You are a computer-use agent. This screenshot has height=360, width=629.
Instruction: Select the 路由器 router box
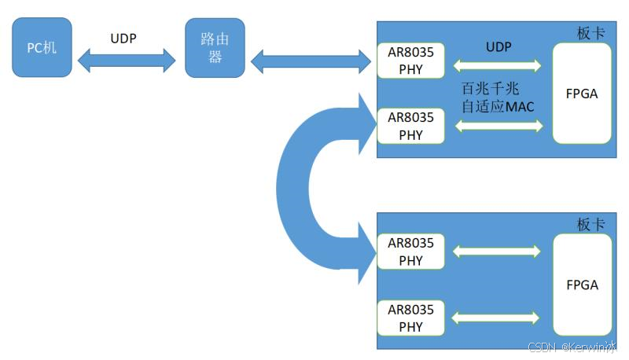pyautogui.click(x=215, y=49)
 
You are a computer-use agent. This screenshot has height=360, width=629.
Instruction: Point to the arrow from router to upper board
pyautogui.click(x=311, y=59)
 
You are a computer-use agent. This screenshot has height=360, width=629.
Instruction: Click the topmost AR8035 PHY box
pyautogui.click(x=410, y=61)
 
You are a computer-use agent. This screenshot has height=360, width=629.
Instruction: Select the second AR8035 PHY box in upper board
pyautogui.click(x=410, y=126)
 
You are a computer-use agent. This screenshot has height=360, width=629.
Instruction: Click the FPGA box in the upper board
pyautogui.click(x=582, y=93)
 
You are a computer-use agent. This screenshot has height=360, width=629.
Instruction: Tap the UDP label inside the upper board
pyautogui.click(x=498, y=47)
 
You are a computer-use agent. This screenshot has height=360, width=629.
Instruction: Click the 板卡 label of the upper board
pyautogui.click(x=590, y=33)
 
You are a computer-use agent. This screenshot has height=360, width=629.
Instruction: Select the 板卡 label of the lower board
pyautogui.click(x=590, y=224)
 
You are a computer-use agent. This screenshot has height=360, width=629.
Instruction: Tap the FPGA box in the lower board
pyautogui.click(x=582, y=285)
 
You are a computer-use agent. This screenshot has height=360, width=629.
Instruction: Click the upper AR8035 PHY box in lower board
pyautogui.click(x=410, y=252)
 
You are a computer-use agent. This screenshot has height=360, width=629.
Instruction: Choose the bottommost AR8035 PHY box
pyautogui.click(x=410, y=318)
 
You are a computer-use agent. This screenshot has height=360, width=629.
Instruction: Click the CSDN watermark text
pyautogui.click(x=572, y=347)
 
